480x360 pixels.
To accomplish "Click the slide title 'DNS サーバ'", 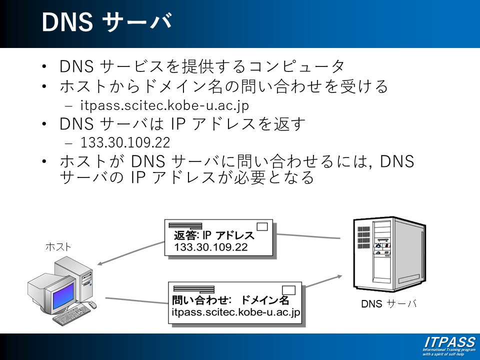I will [x=106, y=22].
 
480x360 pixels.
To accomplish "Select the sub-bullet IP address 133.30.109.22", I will [x=125, y=142].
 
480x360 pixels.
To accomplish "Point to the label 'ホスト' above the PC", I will [x=58, y=246].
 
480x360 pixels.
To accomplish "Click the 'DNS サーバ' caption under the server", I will [x=388, y=303].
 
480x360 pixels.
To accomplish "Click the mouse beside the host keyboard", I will [x=92, y=305].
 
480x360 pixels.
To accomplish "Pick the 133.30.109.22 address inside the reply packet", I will [x=210, y=247].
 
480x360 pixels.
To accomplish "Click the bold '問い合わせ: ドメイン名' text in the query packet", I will [x=230, y=300].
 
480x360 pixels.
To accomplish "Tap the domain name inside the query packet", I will [x=235, y=312].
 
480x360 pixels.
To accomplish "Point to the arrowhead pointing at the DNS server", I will [x=341, y=275].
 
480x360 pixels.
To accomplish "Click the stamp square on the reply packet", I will [x=262, y=226].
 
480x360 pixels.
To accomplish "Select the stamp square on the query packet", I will [x=289, y=289].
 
